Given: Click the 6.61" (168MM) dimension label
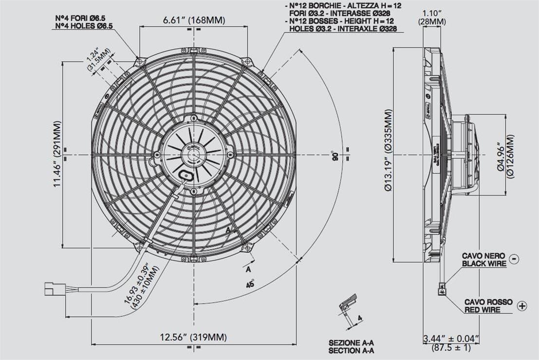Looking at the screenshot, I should (194, 20).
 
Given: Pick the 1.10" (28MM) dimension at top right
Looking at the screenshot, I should (432, 18).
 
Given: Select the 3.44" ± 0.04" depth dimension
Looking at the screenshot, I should (451, 342).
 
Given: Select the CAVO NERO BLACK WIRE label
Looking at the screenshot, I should (484, 260).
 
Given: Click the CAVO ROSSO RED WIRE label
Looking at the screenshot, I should (488, 306).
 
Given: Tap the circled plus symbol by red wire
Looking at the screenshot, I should (522, 306).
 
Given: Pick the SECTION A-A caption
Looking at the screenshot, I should (351, 350).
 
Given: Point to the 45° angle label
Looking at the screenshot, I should (250, 283).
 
